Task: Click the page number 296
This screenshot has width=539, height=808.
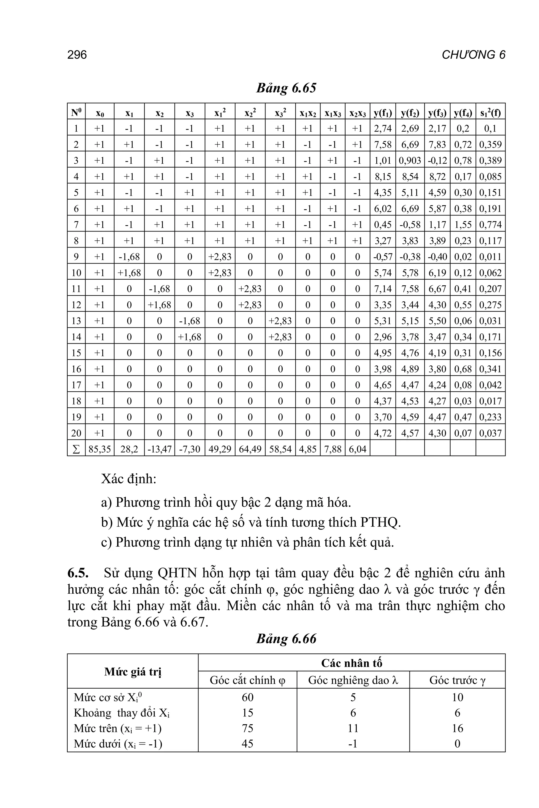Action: (x=77, y=55)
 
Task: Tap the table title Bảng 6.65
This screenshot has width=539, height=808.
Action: (x=286, y=88)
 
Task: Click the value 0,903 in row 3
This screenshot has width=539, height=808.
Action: (x=410, y=160)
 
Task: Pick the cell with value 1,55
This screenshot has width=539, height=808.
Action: (x=463, y=225)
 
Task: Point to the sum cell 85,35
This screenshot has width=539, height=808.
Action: (x=100, y=449)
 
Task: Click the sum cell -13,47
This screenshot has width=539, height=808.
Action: (x=159, y=449)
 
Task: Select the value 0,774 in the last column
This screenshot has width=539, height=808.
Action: (x=490, y=225)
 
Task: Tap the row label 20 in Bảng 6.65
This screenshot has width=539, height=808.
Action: (x=76, y=433)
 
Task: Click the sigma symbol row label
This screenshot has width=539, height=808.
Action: (x=76, y=449)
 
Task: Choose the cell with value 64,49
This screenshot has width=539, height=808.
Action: (x=250, y=449)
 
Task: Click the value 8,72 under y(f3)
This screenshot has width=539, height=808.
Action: (x=437, y=176)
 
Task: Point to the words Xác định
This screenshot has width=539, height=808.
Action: (x=128, y=478)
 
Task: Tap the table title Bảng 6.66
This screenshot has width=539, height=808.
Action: (x=286, y=639)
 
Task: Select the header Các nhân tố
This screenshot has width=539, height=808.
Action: (x=351, y=663)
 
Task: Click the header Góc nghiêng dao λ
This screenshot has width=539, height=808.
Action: (x=353, y=680)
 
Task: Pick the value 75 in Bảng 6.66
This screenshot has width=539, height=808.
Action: (x=247, y=728)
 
